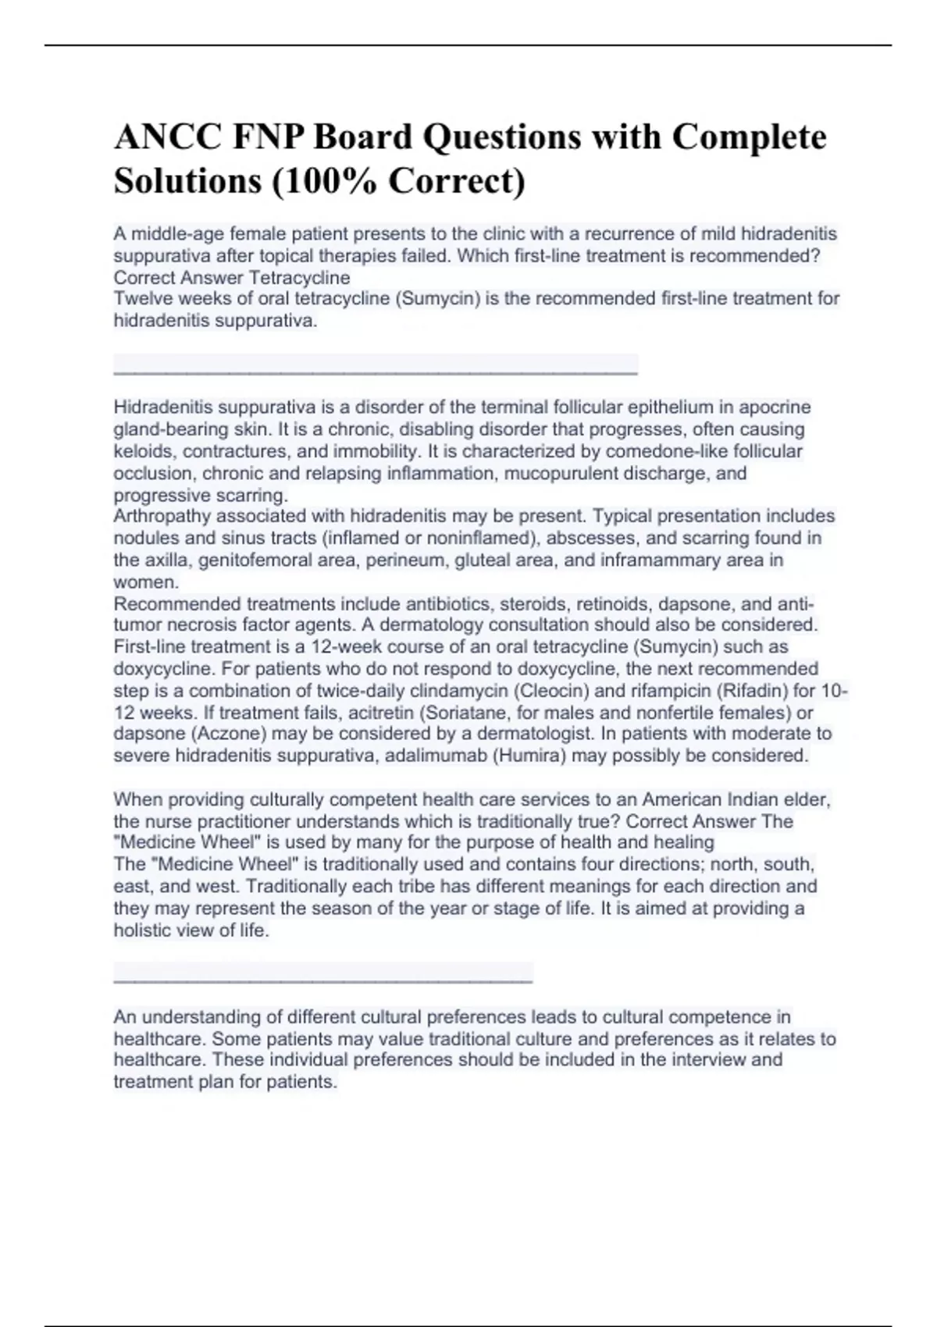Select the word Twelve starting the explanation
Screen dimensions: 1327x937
[x=141, y=298]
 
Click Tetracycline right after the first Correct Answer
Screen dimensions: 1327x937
[x=299, y=277]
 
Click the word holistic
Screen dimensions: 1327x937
[x=141, y=930]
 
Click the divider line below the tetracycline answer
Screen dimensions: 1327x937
[x=376, y=374]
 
